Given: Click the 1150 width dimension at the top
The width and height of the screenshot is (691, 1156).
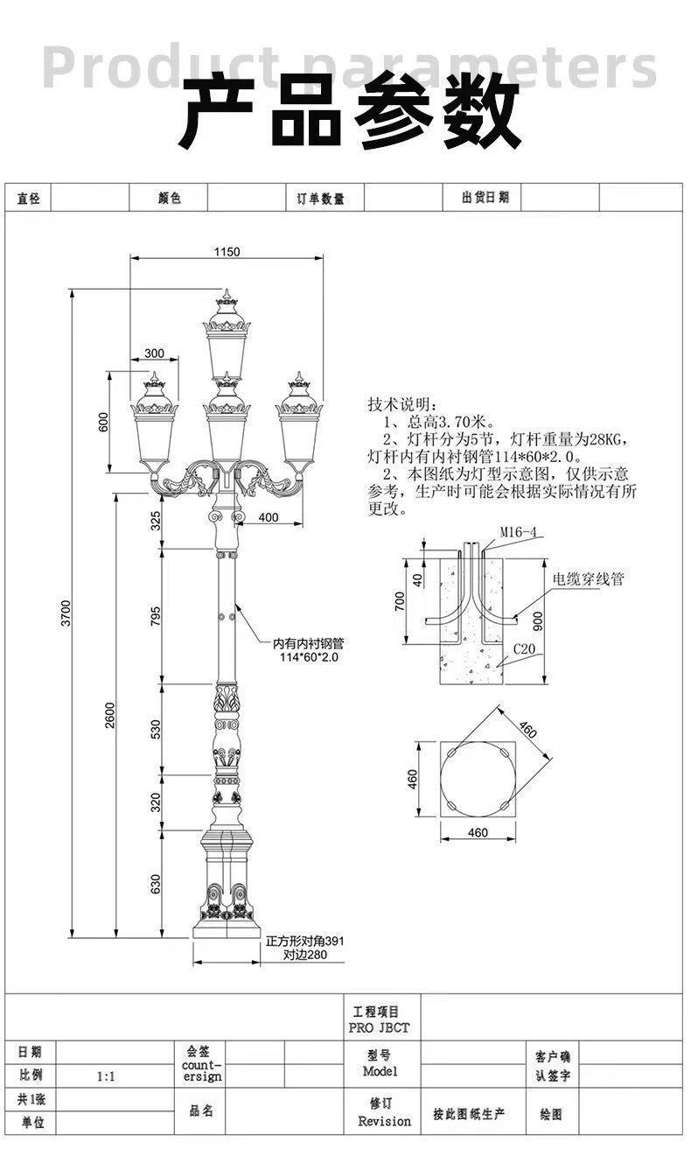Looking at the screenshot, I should (226, 252).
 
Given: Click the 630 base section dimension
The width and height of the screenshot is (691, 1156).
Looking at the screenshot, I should (156, 884).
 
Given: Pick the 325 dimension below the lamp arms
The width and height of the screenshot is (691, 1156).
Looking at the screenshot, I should (156, 522).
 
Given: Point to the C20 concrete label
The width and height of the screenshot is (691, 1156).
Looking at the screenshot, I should (524, 648).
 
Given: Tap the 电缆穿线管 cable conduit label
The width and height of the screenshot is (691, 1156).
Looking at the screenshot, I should (588, 578).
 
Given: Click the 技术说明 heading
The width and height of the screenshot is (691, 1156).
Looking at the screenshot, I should (399, 404).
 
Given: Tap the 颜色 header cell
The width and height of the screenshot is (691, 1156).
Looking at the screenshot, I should (169, 198).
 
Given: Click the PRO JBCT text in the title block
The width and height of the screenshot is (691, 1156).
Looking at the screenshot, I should (378, 1027).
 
